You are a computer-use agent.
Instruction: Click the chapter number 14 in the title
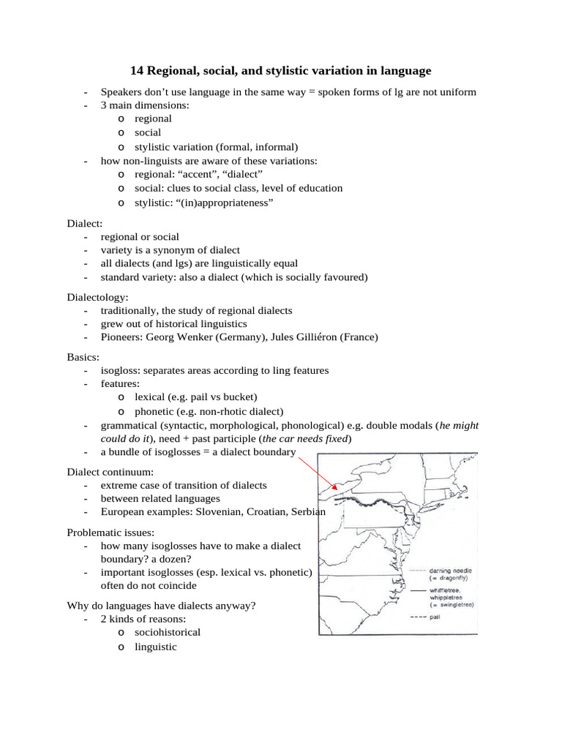tap(137, 71)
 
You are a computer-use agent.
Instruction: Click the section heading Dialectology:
tap(97, 297)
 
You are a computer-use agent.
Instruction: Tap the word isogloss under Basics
tap(120, 370)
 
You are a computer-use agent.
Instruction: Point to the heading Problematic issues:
tap(110, 532)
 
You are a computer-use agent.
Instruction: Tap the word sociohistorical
tap(167, 631)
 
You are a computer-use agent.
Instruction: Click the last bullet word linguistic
tap(155, 647)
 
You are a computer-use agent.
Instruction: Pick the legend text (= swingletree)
tap(452, 604)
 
